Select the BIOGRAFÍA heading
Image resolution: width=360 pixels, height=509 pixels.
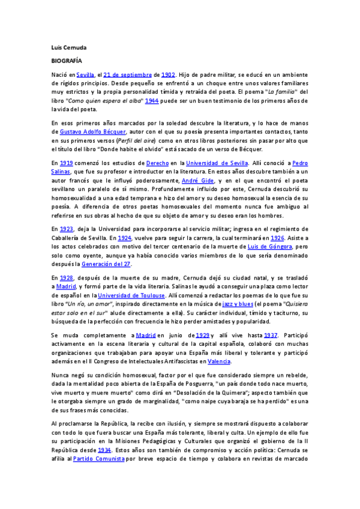67,61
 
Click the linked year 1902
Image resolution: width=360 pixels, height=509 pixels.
167,74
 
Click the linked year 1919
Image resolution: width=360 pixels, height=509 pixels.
66,163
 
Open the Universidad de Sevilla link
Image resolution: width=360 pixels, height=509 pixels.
215,163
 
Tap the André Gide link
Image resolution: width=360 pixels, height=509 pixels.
197,180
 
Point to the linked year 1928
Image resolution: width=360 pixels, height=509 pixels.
67,277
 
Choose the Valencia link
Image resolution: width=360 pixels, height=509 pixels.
218,361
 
